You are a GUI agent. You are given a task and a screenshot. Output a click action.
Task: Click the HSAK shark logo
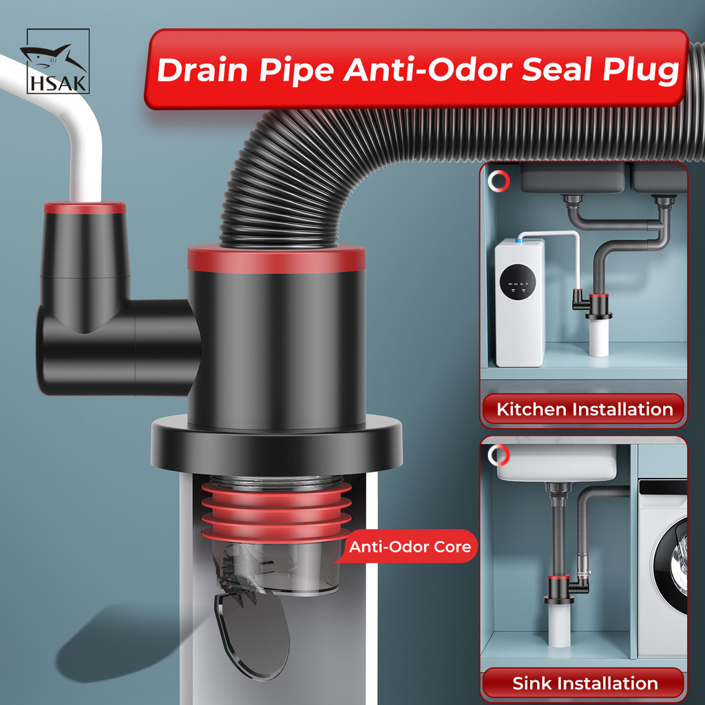[x=58, y=61]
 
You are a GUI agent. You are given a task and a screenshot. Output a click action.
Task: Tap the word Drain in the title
[x=203, y=70]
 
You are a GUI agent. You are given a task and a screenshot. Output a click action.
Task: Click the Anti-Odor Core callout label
[x=410, y=547]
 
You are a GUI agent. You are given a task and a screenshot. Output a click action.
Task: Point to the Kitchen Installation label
[x=584, y=410]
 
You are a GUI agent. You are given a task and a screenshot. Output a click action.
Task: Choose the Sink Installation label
[x=584, y=684]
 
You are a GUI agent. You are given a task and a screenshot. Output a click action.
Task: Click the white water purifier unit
[x=520, y=303]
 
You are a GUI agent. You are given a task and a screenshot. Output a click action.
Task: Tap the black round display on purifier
[x=518, y=282]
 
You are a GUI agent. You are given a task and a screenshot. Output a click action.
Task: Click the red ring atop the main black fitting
[x=277, y=259]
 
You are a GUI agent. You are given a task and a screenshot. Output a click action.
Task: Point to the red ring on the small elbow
[x=85, y=208]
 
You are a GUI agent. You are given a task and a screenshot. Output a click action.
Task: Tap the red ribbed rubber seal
[x=277, y=512]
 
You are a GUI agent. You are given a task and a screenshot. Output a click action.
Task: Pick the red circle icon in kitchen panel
[x=499, y=181]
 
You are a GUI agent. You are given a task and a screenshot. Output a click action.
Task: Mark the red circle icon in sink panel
[x=498, y=456]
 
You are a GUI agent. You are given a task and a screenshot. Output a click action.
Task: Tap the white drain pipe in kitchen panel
[x=599, y=337]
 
